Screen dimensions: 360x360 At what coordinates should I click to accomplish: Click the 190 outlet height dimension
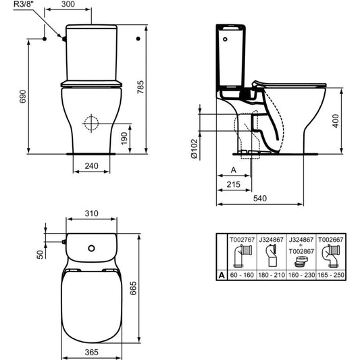click(134, 138)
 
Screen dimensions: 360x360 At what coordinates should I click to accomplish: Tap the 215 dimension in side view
click(234, 184)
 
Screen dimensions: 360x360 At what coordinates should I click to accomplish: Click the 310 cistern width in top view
click(92, 214)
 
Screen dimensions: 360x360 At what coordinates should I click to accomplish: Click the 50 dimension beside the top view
click(40, 255)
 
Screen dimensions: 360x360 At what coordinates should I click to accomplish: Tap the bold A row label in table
click(221, 276)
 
